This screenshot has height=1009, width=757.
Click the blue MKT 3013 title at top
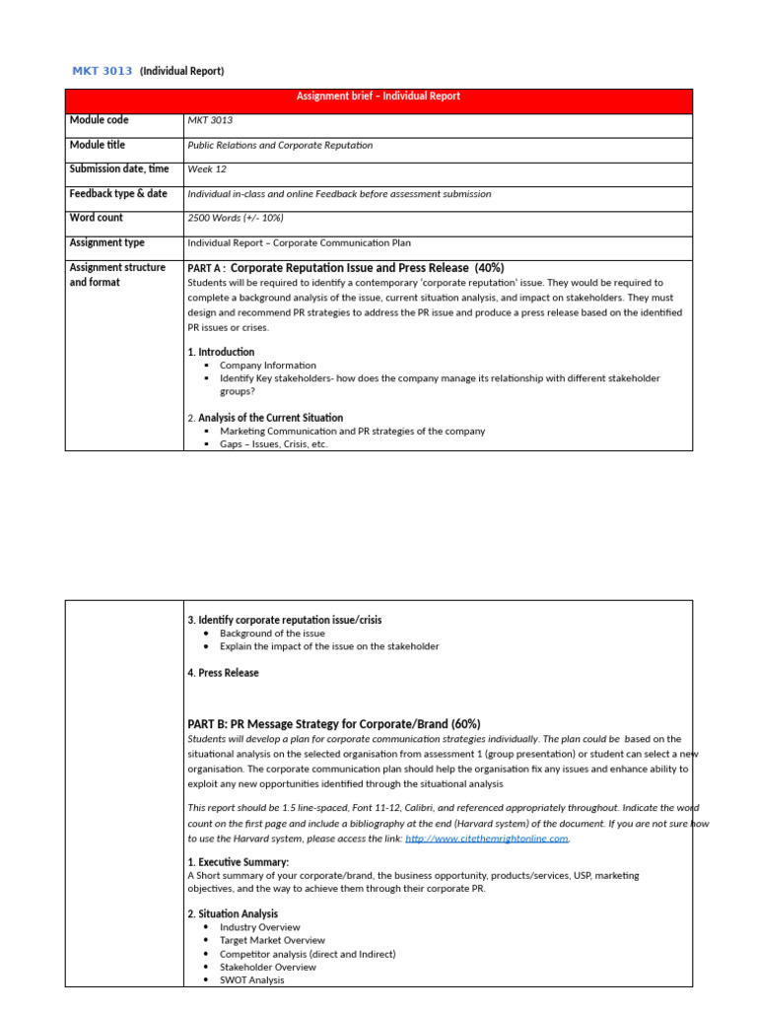(x=103, y=71)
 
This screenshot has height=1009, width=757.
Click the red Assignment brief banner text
(x=378, y=97)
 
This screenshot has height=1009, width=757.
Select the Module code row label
(x=99, y=120)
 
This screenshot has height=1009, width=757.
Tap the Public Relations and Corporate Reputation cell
(x=280, y=145)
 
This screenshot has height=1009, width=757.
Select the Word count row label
(x=96, y=218)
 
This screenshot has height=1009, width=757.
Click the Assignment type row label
(x=106, y=242)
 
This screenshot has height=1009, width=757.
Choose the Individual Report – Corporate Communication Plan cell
(x=299, y=242)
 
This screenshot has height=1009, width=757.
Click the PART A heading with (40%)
(x=345, y=267)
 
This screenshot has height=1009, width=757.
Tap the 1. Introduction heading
(x=221, y=352)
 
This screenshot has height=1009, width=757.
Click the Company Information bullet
(x=268, y=366)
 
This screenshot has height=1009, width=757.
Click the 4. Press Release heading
(x=223, y=673)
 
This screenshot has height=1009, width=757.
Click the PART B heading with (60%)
(x=333, y=724)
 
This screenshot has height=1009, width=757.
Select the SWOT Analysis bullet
(x=252, y=980)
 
